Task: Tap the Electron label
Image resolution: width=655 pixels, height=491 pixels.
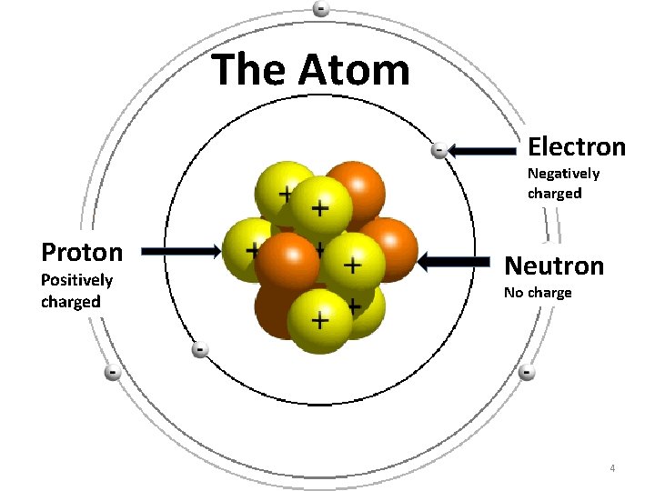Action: click(577, 146)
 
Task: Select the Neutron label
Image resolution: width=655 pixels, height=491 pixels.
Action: click(554, 266)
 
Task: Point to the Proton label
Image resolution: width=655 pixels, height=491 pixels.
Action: click(82, 251)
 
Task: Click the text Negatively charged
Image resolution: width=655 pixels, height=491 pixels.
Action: click(564, 183)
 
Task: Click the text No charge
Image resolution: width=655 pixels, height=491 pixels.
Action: click(538, 293)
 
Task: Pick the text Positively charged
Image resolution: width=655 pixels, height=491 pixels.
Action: click(76, 291)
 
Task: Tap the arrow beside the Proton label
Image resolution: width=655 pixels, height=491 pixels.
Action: click(181, 249)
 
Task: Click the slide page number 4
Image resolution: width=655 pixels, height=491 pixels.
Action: click(613, 468)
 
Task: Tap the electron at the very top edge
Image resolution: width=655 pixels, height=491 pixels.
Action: click(321, 8)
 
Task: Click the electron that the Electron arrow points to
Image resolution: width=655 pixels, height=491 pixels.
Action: click(438, 150)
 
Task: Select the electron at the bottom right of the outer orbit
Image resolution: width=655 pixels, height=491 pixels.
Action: click(527, 372)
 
